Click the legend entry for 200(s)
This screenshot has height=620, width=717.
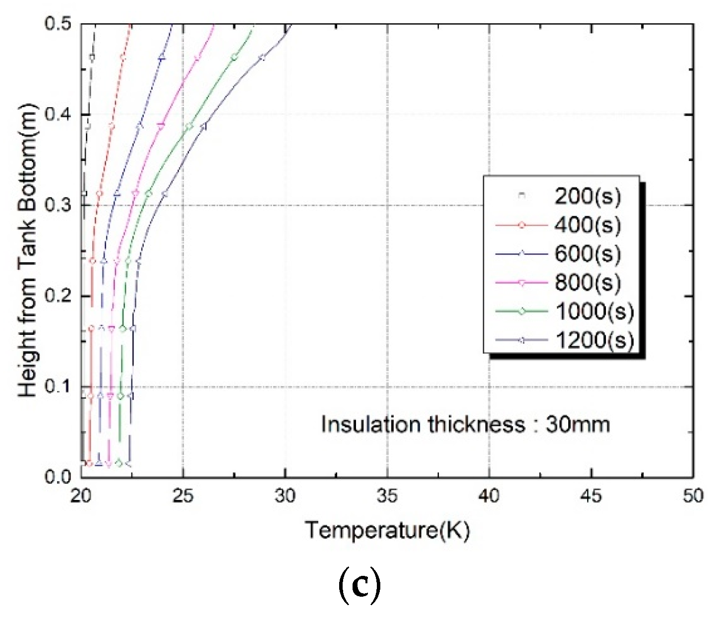(x=587, y=197)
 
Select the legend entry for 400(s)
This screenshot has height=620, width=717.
(x=587, y=226)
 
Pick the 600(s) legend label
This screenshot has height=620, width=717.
(x=587, y=254)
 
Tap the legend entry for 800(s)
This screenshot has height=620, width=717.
(x=587, y=283)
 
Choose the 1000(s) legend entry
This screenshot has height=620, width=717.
(x=594, y=311)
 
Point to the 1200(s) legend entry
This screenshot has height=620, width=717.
(x=594, y=340)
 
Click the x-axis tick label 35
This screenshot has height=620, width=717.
(x=387, y=496)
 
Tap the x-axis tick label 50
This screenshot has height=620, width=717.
(x=693, y=496)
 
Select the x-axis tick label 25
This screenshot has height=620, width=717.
(x=183, y=496)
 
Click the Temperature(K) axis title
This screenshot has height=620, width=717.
(x=387, y=530)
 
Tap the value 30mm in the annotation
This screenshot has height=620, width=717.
(x=578, y=425)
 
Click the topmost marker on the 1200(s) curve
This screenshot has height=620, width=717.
(x=262, y=58)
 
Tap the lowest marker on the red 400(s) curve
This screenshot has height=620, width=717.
(x=89, y=464)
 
